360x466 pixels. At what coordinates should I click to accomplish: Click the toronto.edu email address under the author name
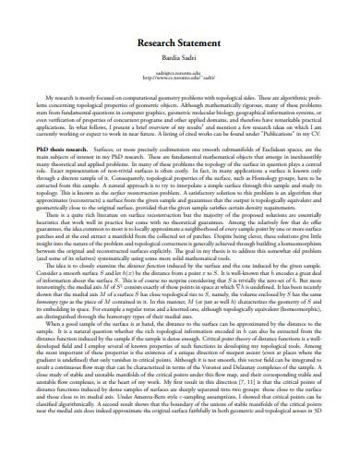tap(180, 71)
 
